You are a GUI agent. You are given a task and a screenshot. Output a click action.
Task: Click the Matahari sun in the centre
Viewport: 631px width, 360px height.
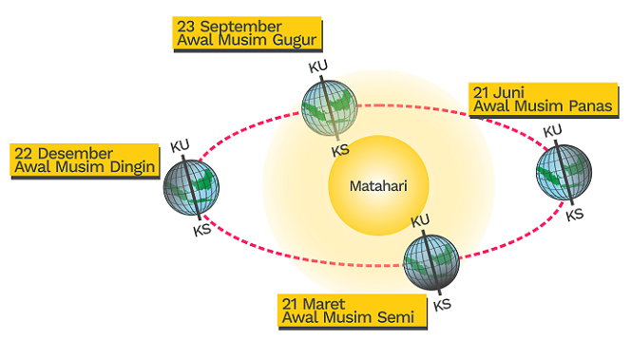[x=376, y=184]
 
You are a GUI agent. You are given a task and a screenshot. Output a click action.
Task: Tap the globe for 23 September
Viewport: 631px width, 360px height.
[x=329, y=107]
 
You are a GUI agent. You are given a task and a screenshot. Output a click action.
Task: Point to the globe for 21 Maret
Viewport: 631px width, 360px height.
[x=431, y=260]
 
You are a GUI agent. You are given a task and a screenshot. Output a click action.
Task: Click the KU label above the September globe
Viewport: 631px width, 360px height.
[x=317, y=67]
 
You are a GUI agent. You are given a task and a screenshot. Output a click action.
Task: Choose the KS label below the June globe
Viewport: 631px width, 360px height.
[x=575, y=215]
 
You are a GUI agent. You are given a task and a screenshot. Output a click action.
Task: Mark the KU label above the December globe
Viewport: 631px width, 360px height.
[x=181, y=145]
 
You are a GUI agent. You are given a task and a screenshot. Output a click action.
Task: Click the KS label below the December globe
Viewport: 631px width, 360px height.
[x=201, y=231]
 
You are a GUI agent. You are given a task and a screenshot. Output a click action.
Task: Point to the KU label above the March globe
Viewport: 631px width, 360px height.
[x=419, y=220]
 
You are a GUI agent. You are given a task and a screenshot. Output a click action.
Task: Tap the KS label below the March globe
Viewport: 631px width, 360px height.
[x=442, y=305]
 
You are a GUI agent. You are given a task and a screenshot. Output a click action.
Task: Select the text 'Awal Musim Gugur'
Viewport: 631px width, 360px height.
[x=246, y=40]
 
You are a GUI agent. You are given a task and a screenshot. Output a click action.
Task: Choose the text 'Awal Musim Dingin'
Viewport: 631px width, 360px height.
[x=83, y=168]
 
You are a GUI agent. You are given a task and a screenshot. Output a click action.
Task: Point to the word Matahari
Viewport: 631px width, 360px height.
[x=376, y=184]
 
